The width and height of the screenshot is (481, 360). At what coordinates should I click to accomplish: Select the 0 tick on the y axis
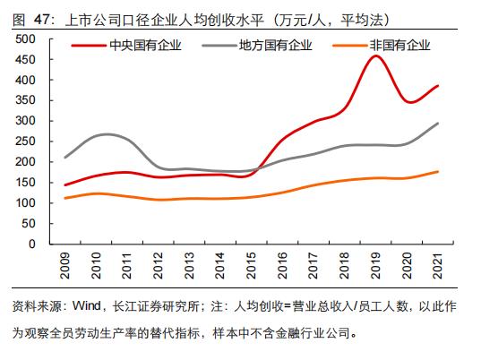pyautogui.click(x=31, y=244)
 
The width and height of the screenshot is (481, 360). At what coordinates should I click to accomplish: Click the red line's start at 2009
pyautogui.click(x=64, y=185)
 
